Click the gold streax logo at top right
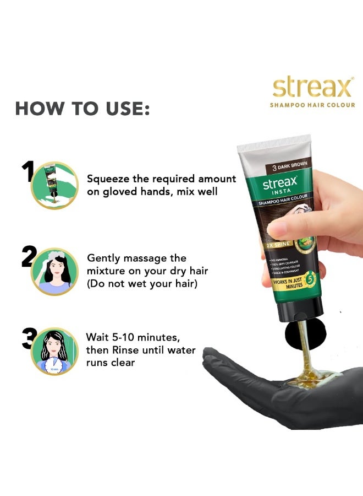point(312,88)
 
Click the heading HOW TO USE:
point(82,109)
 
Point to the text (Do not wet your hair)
point(142,284)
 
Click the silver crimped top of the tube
point(273,144)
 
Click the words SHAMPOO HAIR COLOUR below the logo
point(312,105)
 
